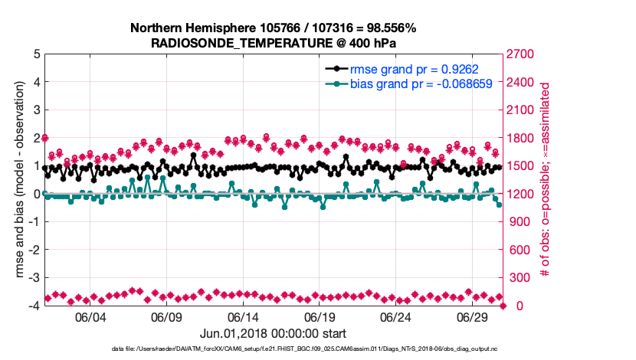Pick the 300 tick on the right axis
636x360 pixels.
(x=520, y=278)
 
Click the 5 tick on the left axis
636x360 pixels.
(x=35, y=54)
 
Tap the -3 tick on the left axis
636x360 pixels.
(x=33, y=278)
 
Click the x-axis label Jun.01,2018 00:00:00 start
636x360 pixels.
(x=273, y=333)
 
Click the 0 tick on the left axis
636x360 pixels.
(x=35, y=195)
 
